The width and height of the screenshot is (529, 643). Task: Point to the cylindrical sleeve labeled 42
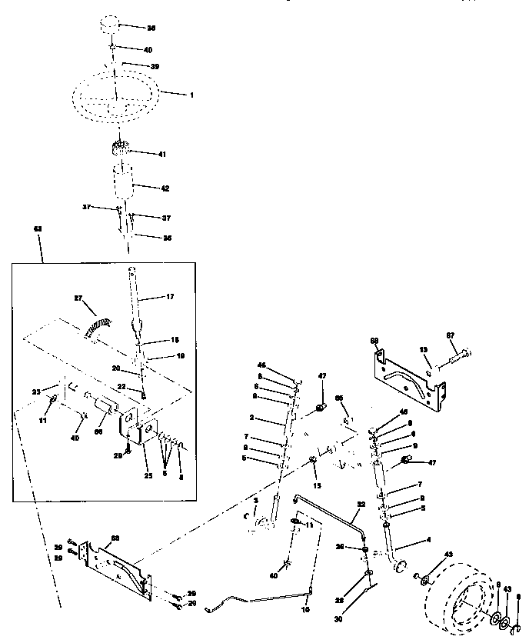[124, 186]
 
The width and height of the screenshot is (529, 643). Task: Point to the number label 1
[192, 95]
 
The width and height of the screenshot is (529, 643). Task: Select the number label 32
[360, 506]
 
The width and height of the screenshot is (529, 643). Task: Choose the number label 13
[424, 350]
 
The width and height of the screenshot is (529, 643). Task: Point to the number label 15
[317, 485]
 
